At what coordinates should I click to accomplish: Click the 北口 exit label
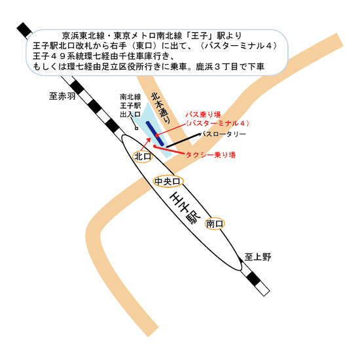[143, 156]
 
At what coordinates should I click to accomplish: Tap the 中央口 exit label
[168, 181]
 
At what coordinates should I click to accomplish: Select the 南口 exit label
[215, 224]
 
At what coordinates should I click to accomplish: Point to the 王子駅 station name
[185, 208]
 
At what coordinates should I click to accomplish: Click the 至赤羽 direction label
[62, 96]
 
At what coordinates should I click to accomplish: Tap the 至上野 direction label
[258, 257]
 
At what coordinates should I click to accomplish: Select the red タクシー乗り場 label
[210, 155]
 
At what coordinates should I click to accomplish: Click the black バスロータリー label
[223, 134]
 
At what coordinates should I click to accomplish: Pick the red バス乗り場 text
[203, 115]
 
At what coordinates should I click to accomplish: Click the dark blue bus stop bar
[155, 134]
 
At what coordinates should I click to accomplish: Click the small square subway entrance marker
[136, 128]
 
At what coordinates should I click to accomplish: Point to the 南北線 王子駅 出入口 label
[130, 105]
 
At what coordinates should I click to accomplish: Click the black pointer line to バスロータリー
[183, 140]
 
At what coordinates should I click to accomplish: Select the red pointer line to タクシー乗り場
[169, 149]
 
